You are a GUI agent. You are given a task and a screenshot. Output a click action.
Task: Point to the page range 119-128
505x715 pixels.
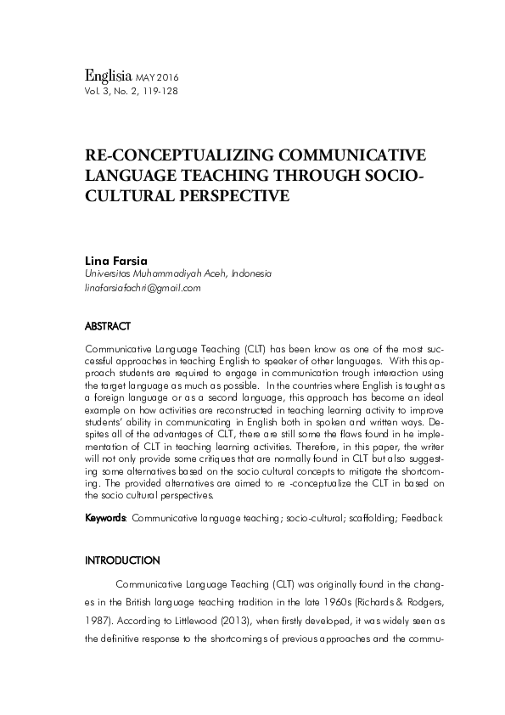tap(161, 89)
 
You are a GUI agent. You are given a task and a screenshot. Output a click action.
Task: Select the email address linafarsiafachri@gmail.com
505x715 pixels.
tap(143, 288)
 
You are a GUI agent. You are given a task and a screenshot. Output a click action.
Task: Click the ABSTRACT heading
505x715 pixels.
tap(108, 325)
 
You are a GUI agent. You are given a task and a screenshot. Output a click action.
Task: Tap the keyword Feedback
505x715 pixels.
tap(422, 516)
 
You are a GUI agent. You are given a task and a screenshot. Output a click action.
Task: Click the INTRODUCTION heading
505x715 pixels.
tap(122, 561)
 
